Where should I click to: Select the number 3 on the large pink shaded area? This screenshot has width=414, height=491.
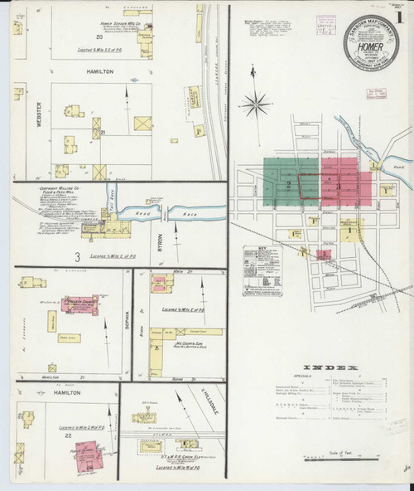click(331, 180)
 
